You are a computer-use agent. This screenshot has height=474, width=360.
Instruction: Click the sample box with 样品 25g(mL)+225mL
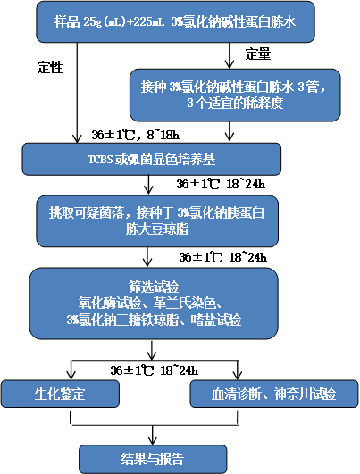tap(175, 21)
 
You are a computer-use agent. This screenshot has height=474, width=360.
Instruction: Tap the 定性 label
tap(50, 67)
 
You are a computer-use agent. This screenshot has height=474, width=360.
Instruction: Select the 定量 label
tap(258, 54)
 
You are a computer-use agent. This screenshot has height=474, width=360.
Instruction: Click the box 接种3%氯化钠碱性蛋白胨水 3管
tap(235, 96)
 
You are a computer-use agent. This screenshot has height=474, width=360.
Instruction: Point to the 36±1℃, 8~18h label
tap(136, 135)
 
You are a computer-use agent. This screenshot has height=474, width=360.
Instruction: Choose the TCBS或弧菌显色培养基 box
tap(152, 159)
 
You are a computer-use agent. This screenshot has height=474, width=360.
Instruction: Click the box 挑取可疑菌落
tap(157, 221)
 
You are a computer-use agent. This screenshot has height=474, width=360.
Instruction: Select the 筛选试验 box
tap(154, 304)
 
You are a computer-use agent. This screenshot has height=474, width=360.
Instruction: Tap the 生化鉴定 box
tap(60, 394)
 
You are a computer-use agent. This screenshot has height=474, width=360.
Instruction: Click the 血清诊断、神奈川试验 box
tap(274, 394)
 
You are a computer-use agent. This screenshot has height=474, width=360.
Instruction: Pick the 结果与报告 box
tap(153, 459)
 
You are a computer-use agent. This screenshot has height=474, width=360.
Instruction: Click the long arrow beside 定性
tap(78, 93)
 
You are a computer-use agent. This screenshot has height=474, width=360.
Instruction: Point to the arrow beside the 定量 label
tap(230, 55)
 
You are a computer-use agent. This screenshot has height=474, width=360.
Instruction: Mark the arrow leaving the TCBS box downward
tap(148, 185)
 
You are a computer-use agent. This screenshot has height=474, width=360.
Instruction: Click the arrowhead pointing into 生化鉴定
tap(71, 375)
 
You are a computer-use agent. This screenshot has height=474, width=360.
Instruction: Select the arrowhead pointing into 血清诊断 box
tap(238, 375)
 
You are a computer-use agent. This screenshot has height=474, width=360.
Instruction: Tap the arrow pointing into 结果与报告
tap(152, 435)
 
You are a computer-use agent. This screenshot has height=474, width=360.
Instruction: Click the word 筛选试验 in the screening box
tap(154, 287)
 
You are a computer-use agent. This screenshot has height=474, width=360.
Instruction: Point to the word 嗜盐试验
tap(216, 320)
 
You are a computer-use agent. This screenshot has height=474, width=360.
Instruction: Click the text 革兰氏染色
tap(184, 304)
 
